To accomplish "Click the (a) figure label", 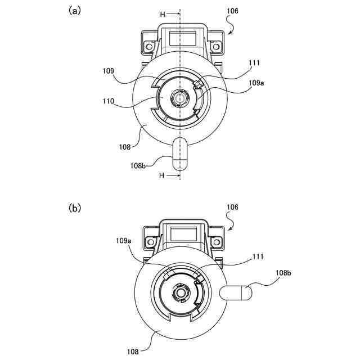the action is [x=75, y=11].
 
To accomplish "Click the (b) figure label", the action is [x=75, y=208].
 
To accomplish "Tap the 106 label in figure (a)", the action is [x=232, y=11].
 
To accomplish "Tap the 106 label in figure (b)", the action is [x=232, y=207].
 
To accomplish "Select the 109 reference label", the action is [x=108, y=71].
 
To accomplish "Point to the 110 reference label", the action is [x=109, y=101].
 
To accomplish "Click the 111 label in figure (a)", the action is [x=254, y=62].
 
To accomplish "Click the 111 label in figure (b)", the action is [x=258, y=256].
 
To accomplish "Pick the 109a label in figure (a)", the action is [x=256, y=83].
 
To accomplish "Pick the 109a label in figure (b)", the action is [x=124, y=241].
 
